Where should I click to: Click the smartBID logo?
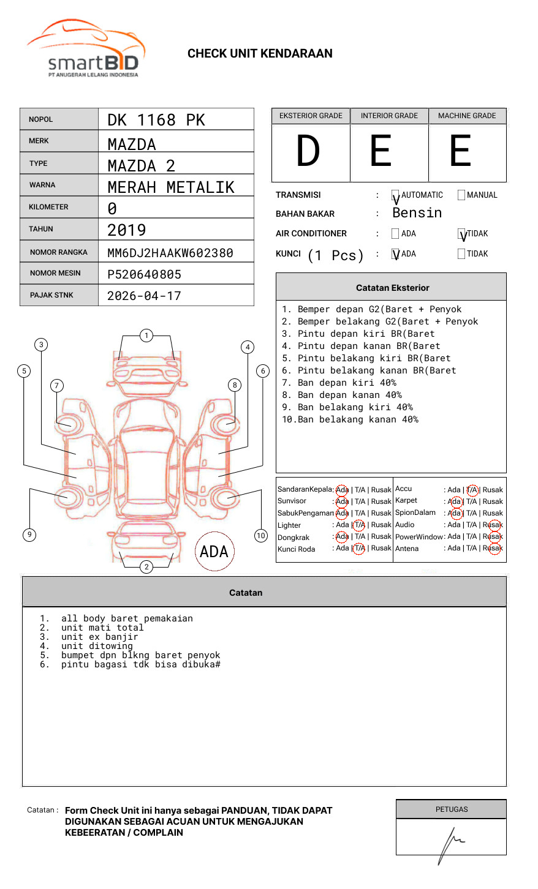point(86,50)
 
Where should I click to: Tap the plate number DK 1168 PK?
point(156,120)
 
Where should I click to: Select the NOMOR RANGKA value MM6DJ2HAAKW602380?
point(170,253)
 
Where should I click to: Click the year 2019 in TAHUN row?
point(127,230)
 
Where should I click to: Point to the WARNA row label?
point(42,185)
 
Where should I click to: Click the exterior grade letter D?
point(308,151)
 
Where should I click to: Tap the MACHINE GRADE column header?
point(467,116)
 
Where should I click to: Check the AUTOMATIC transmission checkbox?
point(395,195)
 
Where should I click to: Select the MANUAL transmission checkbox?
point(461,195)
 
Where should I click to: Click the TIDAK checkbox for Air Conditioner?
point(461,234)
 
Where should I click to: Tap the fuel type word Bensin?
point(417,213)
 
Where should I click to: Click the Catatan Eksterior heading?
point(392,288)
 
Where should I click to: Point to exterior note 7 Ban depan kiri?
point(339,383)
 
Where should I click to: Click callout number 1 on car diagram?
point(146,336)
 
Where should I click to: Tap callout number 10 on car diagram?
point(261,536)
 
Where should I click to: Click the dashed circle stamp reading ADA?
point(214,552)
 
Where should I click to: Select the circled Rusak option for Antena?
point(494,549)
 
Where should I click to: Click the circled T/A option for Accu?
point(472,490)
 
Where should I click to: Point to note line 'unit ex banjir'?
point(99,637)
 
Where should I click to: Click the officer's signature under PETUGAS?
point(451,842)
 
